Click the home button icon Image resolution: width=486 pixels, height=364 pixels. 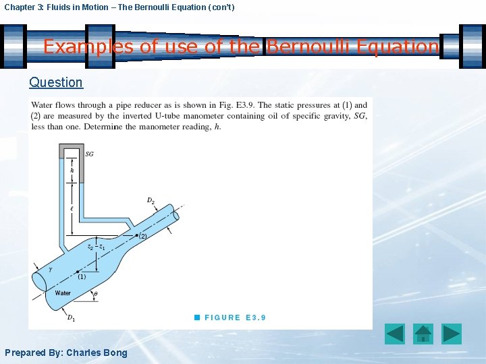[423, 334]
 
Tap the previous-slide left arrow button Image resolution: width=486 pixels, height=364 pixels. [394, 334]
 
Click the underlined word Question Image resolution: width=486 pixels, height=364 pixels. [56, 82]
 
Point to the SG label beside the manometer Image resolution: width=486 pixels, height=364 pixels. [90, 154]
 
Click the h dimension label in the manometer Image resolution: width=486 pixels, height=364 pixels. [72, 171]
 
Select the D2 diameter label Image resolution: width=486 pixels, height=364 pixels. [151, 200]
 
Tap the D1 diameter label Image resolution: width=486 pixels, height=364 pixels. [70, 317]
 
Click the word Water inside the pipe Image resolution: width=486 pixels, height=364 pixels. [63, 293]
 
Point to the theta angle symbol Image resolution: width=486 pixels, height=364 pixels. [95, 295]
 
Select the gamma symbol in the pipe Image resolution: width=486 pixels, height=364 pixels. [49, 269]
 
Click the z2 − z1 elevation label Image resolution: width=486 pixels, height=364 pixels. [97, 247]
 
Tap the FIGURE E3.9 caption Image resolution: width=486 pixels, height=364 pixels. [235, 317]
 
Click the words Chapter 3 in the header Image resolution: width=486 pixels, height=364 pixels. [23, 7]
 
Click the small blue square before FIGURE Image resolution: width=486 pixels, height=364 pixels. [196, 317]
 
